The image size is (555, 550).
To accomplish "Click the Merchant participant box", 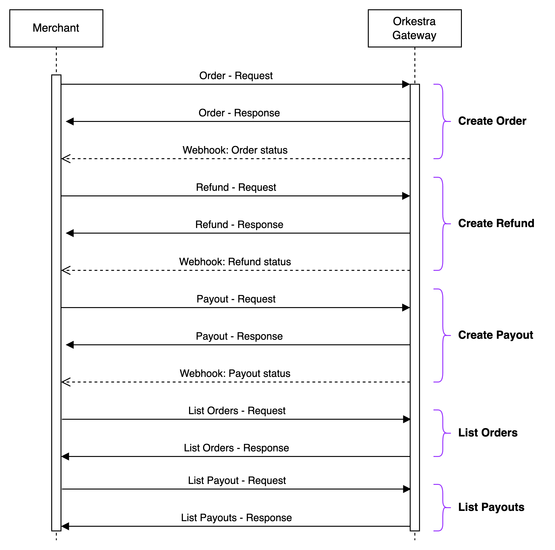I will click(56, 28).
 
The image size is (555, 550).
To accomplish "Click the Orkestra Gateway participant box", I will click(415, 28).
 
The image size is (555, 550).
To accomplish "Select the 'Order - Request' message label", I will click(236, 76).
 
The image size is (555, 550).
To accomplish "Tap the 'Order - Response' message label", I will click(238, 113).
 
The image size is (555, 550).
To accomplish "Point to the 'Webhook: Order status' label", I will click(235, 150).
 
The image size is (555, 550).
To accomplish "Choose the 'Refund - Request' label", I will click(236, 188).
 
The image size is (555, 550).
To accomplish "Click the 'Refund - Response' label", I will click(238, 225).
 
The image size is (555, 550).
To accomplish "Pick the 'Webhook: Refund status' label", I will click(235, 262).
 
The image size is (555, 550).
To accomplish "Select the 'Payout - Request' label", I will click(236, 299).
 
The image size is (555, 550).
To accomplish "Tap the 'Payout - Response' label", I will click(238, 336).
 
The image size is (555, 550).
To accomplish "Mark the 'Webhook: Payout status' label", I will click(235, 373).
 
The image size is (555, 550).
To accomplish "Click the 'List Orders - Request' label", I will click(237, 411).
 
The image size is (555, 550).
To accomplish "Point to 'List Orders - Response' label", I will click(235, 448).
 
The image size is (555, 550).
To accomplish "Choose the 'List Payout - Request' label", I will click(237, 480).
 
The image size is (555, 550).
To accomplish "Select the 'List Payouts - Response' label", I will click(235, 518).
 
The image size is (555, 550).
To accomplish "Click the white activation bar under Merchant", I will click(56, 302).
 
